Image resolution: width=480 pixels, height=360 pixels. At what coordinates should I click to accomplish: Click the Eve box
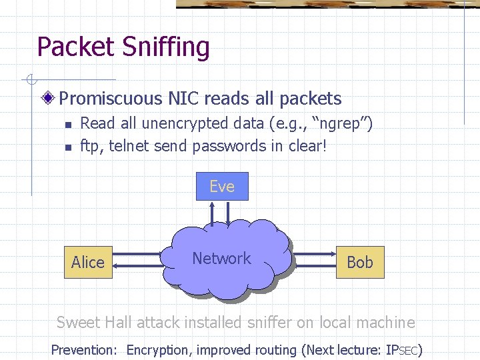click(x=222, y=186)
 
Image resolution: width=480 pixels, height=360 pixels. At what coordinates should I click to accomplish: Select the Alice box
click(x=88, y=262)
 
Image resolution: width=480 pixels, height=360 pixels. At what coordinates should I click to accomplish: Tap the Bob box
click(x=360, y=262)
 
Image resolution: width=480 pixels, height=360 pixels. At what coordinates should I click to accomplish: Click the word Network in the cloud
click(x=221, y=259)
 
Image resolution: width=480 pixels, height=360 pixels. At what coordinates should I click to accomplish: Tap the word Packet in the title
click(x=75, y=47)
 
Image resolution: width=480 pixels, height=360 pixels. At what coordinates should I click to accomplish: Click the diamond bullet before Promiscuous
click(x=49, y=99)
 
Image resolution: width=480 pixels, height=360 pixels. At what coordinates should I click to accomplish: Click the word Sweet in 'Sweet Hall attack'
click(x=79, y=323)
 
